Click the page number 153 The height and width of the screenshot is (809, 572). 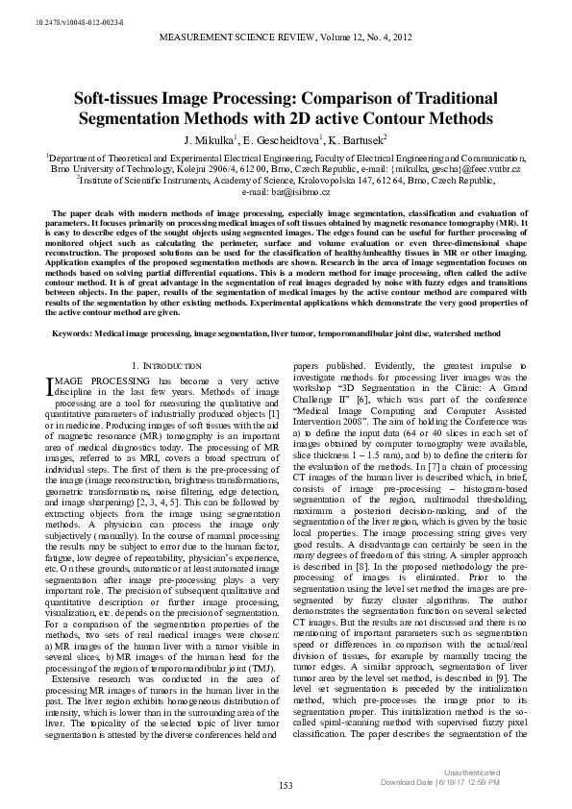coord(286,786)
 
